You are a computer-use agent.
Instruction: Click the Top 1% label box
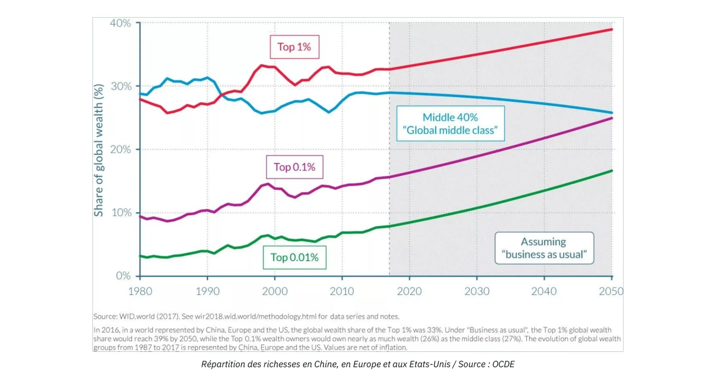(294, 47)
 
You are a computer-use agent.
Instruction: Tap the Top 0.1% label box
(294, 167)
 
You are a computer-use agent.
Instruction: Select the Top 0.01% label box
(294, 258)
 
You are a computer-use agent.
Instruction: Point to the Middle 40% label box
(450, 123)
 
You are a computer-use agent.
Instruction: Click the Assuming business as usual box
(544, 248)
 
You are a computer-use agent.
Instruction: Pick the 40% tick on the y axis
(120, 23)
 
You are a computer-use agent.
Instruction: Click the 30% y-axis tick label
(121, 86)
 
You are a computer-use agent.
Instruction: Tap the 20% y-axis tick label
(120, 149)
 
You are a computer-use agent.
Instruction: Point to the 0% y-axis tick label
(124, 275)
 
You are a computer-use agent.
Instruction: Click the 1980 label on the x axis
(140, 291)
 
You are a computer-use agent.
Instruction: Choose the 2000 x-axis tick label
(275, 291)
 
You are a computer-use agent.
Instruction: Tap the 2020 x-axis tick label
(409, 291)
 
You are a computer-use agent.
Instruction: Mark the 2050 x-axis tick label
(611, 291)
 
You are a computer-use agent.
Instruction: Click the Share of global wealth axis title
(99, 150)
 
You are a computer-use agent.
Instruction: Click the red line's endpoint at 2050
(612, 30)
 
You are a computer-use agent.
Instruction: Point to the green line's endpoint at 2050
(612, 171)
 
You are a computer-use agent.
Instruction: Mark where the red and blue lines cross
(221, 95)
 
